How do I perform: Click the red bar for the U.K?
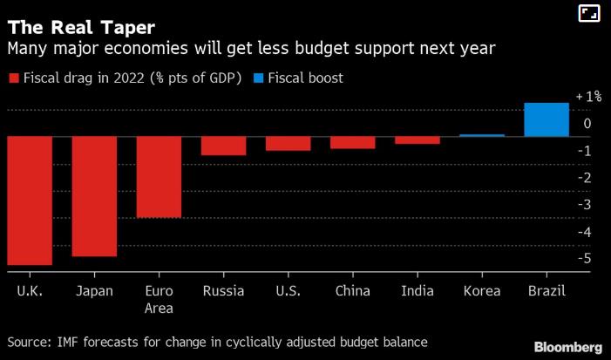[x=30, y=200]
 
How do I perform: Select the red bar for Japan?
[x=94, y=196]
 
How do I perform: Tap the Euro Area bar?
[x=159, y=177]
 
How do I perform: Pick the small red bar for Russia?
[x=223, y=146]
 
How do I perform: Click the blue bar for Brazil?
[x=547, y=119]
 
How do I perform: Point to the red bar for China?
[x=353, y=142]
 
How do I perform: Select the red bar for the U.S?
[x=288, y=144]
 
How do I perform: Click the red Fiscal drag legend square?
[x=13, y=78]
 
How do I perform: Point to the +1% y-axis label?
[x=588, y=97]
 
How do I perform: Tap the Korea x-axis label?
[x=482, y=291]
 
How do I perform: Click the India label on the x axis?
[x=418, y=291]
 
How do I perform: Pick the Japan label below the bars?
[x=94, y=291]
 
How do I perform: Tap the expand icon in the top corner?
[x=589, y=13]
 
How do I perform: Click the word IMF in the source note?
[x=67, y=341]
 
